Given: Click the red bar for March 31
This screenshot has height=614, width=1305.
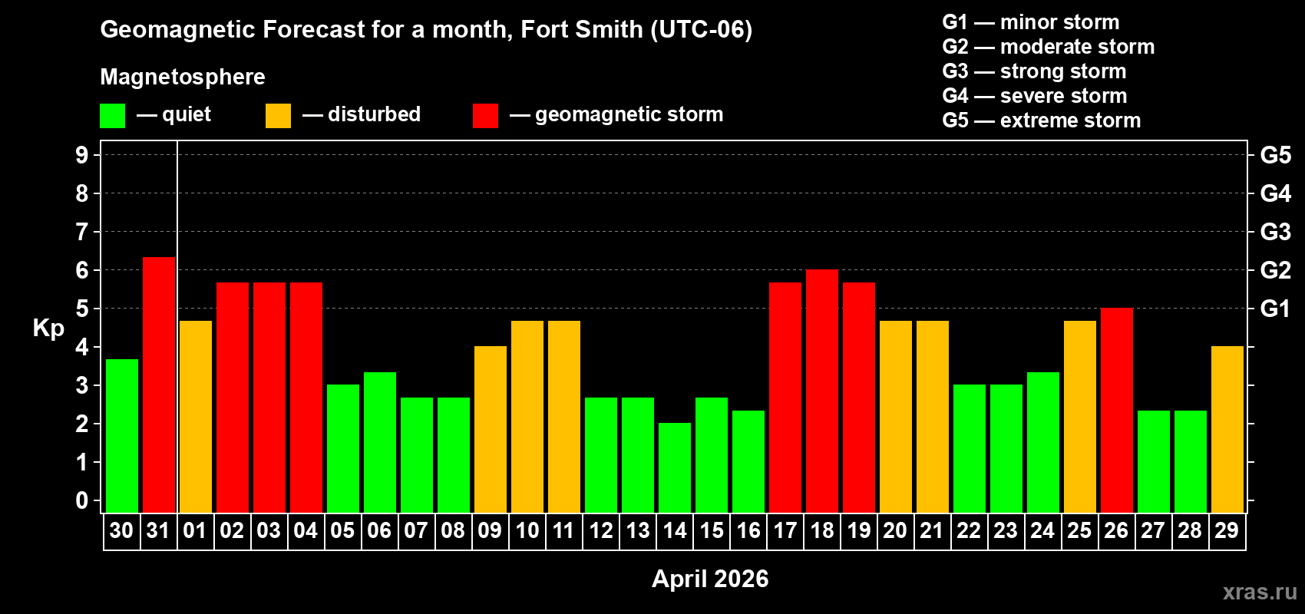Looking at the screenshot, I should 159,384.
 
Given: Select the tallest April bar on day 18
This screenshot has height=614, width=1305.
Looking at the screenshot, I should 822,391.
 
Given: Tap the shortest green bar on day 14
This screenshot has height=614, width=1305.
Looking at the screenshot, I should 675,468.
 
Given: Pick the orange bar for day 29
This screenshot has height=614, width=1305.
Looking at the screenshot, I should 1227,430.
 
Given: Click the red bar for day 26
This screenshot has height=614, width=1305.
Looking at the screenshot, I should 1117,411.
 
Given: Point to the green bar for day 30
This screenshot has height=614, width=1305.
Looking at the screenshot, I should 122,436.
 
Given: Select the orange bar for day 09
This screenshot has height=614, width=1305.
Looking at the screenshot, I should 491,430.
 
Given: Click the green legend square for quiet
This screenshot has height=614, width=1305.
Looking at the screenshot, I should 113,116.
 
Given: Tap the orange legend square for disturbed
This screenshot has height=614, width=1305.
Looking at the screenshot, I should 278,116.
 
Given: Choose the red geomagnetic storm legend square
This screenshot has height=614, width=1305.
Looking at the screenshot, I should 485,116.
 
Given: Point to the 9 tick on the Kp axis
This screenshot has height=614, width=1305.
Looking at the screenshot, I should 82,155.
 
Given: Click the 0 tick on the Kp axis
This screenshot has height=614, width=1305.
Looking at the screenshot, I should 82,500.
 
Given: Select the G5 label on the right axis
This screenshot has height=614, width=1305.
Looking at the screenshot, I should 1275,155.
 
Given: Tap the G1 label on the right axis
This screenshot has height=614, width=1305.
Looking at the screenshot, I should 1275,309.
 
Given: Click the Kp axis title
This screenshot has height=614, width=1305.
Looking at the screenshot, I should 48,328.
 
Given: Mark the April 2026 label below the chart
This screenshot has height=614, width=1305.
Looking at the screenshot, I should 710,579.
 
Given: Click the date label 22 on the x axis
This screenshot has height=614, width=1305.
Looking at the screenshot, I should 969,530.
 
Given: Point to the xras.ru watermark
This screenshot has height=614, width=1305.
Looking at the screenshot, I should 1260,591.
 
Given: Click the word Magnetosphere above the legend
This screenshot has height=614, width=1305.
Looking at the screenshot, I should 183,77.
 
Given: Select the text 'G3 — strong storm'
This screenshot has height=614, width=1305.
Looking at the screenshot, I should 1034,71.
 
